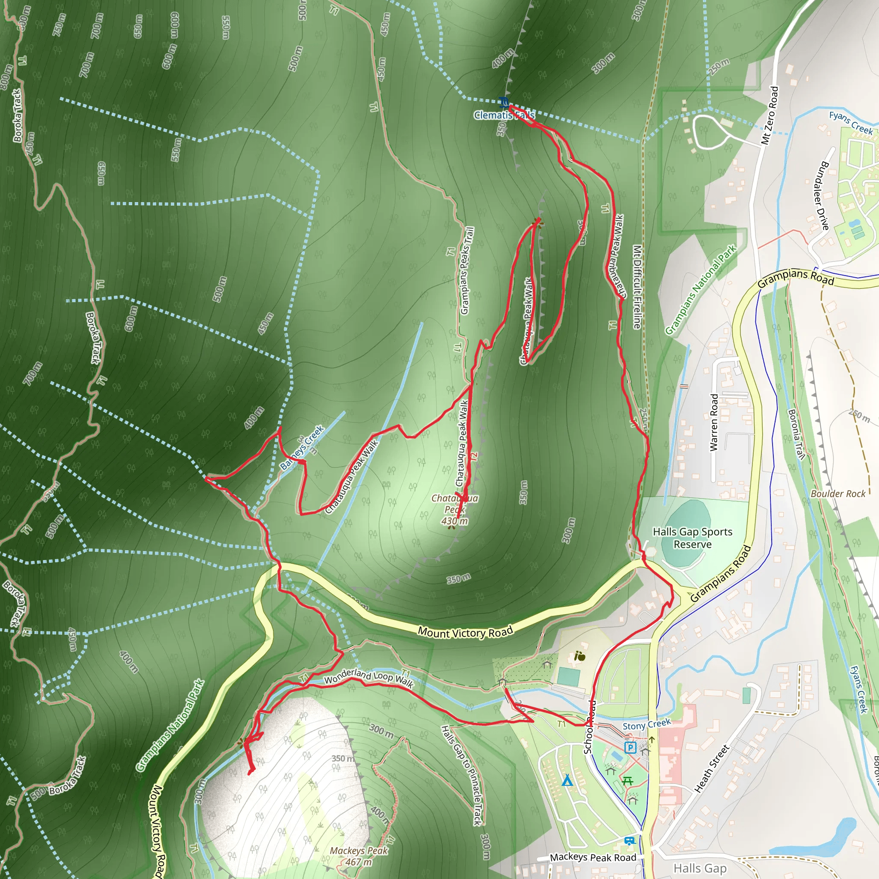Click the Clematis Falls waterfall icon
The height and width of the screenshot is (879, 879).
[503, 102]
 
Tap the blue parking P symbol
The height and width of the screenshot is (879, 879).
[630, 747]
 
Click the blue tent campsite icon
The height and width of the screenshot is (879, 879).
[567, 781]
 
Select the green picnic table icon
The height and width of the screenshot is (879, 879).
[628, 781]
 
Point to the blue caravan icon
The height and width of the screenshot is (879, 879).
[630, 841]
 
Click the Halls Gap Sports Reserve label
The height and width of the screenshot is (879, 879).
[692, 538]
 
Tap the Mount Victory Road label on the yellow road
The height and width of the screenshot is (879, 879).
[465, 631]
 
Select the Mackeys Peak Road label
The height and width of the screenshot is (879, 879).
[593, 858]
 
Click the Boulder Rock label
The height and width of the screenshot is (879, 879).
[838, 494]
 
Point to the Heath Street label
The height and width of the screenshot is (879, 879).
[712, 768]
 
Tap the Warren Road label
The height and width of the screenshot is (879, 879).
[714, 422]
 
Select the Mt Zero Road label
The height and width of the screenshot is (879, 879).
[770, 115]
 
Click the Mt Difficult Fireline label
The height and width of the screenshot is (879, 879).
[637, 287]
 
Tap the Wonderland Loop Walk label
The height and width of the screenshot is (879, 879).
[369, 679]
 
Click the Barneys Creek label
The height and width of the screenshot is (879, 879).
[302, 447]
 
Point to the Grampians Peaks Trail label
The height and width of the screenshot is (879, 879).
[467, 271]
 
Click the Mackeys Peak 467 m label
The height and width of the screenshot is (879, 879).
[359, 856]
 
